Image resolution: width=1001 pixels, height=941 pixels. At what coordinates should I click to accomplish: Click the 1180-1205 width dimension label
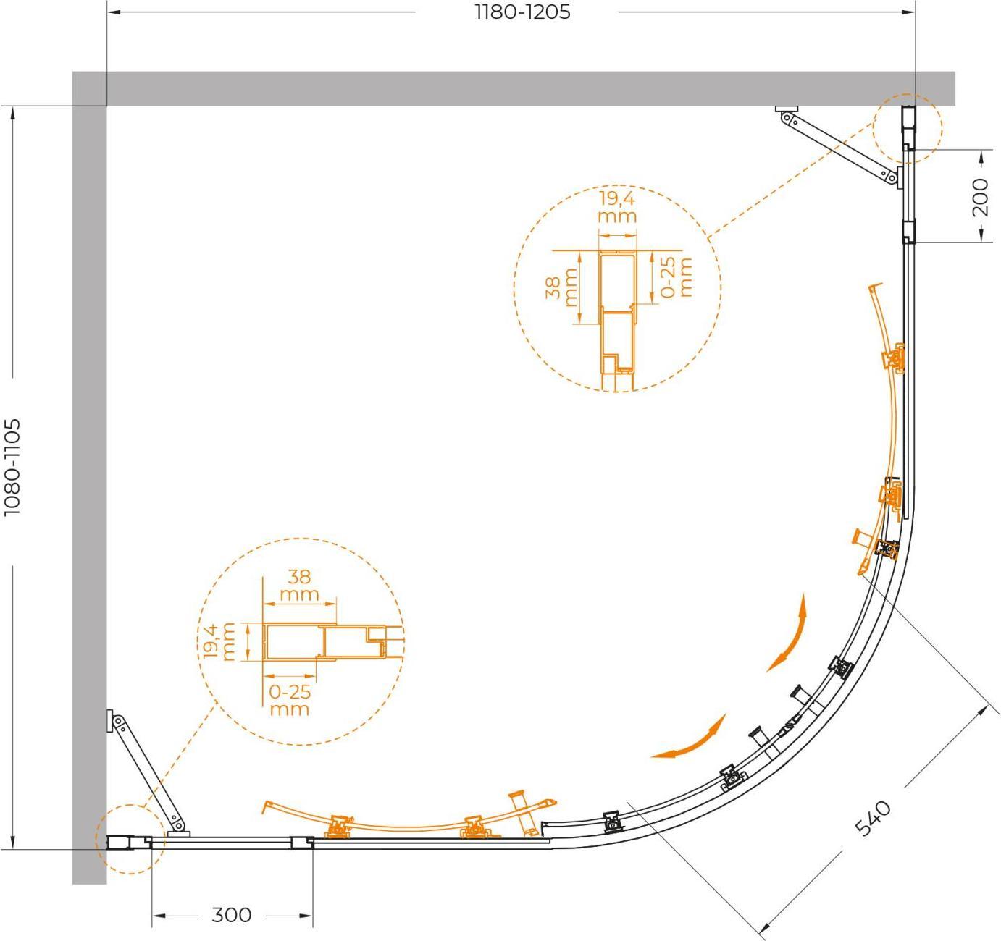pos(523,12)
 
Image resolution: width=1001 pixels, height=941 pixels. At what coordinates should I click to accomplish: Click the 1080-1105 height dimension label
pos(12,467)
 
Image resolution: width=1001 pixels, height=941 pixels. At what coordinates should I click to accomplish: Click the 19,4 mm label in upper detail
pos(617,207)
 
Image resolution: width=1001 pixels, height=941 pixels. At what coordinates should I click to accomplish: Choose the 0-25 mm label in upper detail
pos(676,277)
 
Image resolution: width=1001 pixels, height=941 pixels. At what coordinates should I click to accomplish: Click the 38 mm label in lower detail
pos(299,585)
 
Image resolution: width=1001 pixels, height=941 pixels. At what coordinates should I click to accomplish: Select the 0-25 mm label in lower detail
pos(289,700)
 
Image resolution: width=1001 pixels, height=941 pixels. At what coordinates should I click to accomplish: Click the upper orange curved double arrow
pos(788,633)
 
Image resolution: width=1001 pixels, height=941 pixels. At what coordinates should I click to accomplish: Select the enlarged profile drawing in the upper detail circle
pos(617,320)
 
